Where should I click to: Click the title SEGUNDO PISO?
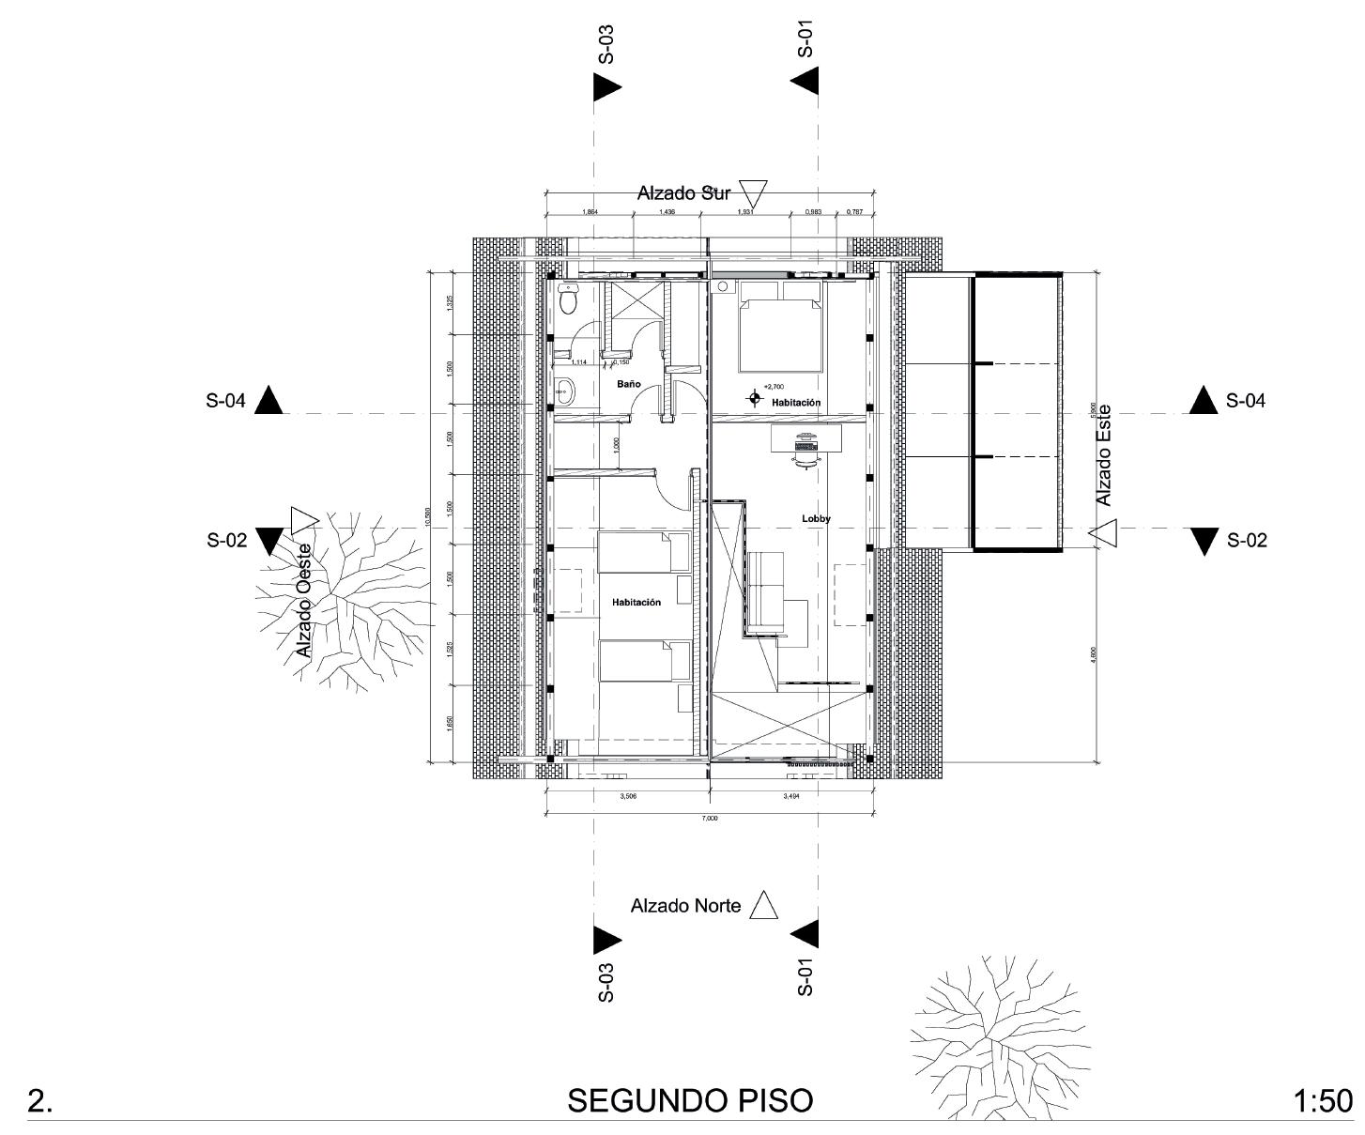[690, 1100]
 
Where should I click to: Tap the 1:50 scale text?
[1323, 1101]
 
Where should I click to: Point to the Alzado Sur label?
[683, 193]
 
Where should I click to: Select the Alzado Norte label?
[685, 906]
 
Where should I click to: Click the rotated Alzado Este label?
[1105, 455]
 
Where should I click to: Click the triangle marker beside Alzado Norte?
[765, 905]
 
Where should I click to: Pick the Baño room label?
[628, 384]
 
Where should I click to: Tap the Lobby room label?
[816, 518]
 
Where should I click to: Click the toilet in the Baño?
[568, 299]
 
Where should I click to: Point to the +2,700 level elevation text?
[774, 386]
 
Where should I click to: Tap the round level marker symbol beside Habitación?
[754, 399]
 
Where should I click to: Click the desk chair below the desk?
[805, 453]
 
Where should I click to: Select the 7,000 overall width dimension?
[710, 819]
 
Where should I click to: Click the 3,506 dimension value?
[628, 796]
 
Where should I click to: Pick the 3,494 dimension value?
[790, 796]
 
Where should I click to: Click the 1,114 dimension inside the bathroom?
[578, 361]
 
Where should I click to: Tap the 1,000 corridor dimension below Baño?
[616, 445]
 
